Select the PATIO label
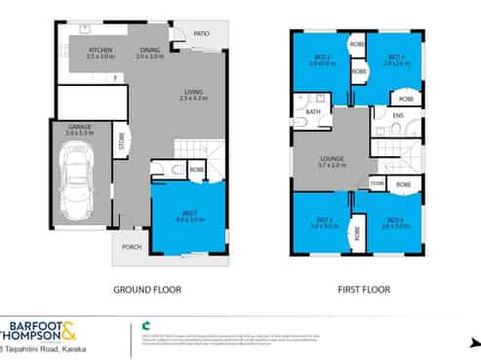pos(201,33)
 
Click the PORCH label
pos(131,246)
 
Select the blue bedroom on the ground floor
pos(190,220)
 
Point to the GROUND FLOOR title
pos(147,290)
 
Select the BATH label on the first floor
pos(313,112)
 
